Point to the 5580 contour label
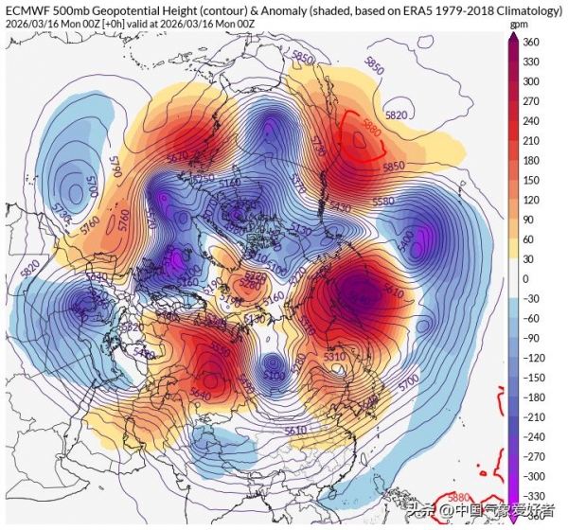[410, 202]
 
